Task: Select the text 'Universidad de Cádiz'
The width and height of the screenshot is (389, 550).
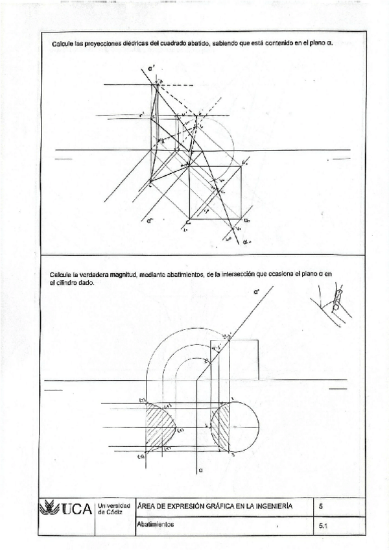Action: tap(115, 508)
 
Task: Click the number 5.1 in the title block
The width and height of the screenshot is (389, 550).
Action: tap(324, 527)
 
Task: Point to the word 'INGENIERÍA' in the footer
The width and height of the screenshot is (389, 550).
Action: tap(273, 506)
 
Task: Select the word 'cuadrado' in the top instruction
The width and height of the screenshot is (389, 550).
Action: tap(167, 43)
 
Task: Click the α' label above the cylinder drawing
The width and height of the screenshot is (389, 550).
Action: tap(257, 294)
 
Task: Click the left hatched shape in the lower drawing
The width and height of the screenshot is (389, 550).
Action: tap(159, 427)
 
